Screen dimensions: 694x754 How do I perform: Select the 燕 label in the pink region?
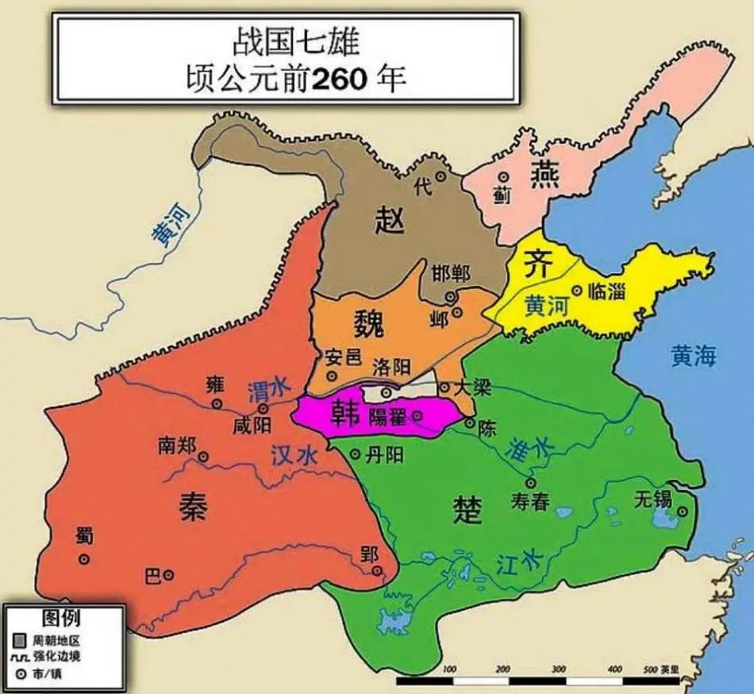(x=544, y=174)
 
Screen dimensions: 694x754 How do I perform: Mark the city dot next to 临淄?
(x=577, y=291)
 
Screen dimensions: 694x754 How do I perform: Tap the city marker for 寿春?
(x=530, y=482)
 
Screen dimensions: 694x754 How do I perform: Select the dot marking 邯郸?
(x=450, y=296)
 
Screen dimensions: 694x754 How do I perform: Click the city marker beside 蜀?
(x=83, y=559)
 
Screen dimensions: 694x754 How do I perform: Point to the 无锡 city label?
(x=654, y=499)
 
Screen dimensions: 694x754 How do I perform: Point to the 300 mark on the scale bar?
(x=558, y=669)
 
